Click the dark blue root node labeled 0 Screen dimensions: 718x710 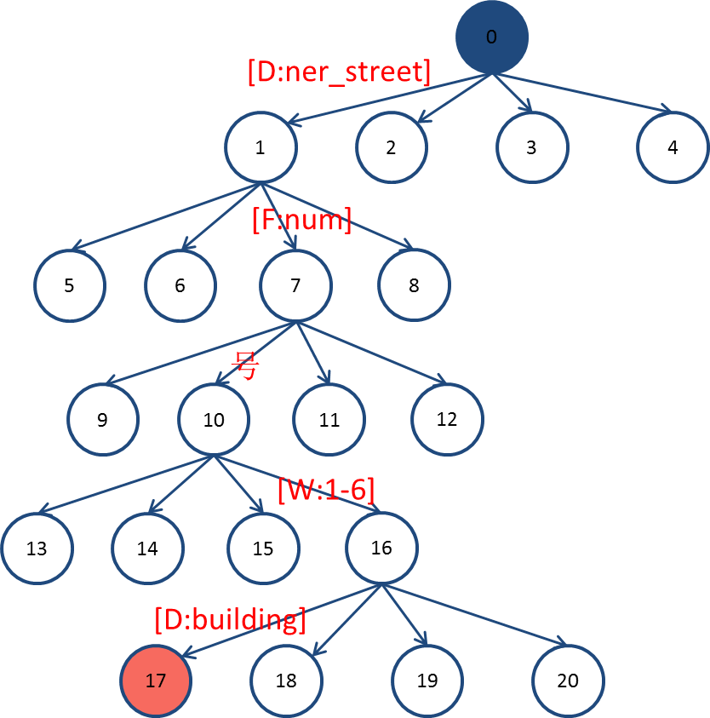(491, 37)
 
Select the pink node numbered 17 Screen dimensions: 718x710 (156, 681)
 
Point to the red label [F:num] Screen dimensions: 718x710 (301, 221)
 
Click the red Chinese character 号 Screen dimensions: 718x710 (245, 369)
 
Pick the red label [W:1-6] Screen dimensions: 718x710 (326, 490)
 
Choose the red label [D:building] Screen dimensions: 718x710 (230, 619)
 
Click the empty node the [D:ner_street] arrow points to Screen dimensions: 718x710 (261, 146)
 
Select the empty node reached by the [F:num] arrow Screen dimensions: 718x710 (295, 285)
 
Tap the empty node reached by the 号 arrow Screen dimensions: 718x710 (213, 420)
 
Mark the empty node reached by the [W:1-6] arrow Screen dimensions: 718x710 (381, 548)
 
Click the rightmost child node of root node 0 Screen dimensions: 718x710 (672, 146)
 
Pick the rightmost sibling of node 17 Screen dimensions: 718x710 (568, 681)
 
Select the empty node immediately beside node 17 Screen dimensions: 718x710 (286, 681)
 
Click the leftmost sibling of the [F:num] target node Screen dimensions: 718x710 (70, 285)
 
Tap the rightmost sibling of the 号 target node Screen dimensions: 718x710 (447, 420)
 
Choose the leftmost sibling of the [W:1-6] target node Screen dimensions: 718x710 (37, 548)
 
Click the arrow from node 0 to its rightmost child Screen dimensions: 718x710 (587, 95)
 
